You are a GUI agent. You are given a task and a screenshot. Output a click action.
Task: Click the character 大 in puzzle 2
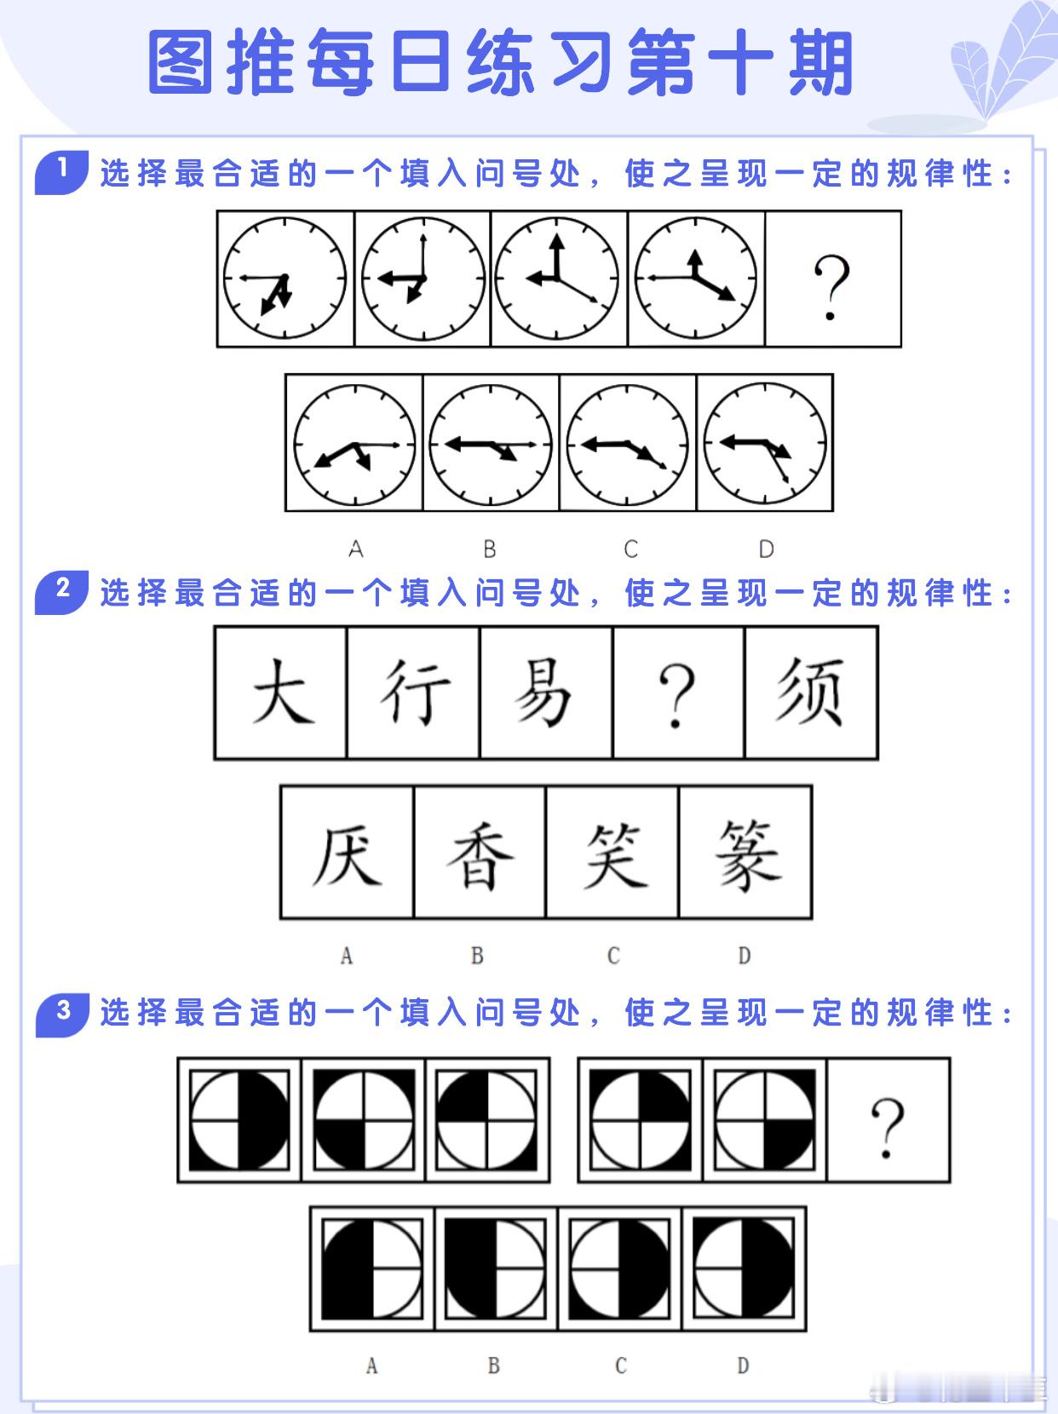281,692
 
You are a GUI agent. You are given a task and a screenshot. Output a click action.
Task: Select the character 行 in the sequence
414,692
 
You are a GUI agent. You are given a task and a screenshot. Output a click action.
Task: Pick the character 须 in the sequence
810,692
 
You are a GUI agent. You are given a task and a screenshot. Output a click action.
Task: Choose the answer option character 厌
347,853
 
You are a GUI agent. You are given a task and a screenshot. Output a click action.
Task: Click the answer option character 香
479,853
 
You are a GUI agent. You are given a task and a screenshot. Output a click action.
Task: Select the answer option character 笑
612,853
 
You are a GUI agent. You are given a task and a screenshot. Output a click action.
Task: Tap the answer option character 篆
745,853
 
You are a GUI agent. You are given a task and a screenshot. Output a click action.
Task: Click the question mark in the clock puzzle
832,287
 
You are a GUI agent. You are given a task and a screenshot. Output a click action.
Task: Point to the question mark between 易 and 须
678,694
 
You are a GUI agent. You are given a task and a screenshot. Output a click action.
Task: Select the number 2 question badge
61,590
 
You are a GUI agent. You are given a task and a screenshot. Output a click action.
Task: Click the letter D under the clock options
766,549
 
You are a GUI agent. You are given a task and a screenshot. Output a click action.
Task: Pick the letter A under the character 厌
346,957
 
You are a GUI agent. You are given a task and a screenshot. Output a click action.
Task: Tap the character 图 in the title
180,64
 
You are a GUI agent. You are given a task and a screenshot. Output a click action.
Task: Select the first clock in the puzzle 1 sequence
285,279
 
